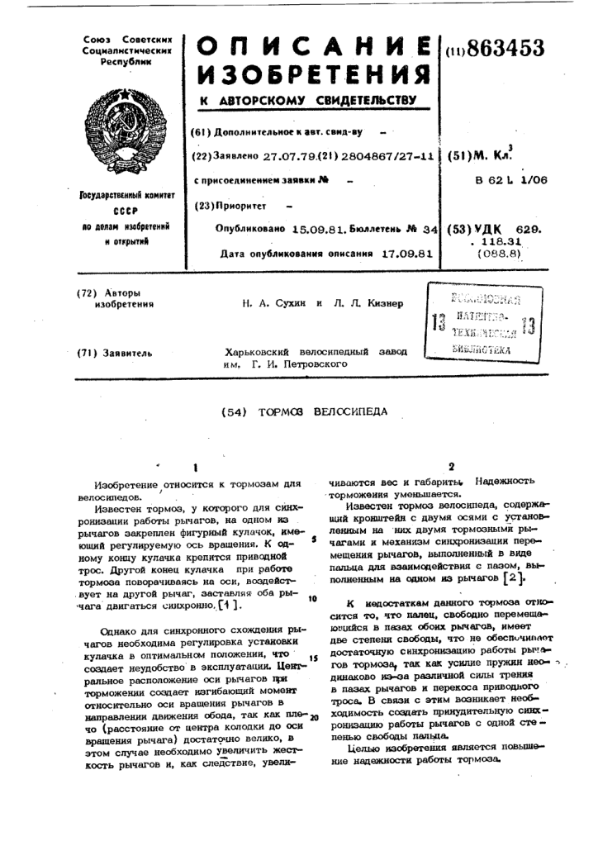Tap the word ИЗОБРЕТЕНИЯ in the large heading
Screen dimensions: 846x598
tap(314, 76)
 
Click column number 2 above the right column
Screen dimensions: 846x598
tap(451, 466)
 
